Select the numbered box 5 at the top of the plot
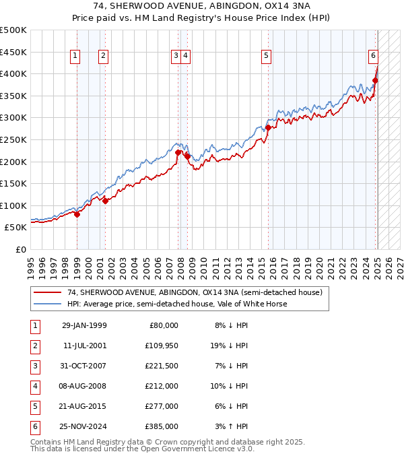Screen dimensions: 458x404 (x=267, y=56)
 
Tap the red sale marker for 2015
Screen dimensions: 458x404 (x=268, y=127)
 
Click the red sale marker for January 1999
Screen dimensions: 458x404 (x=77, y=214)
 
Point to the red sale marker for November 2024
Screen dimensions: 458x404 (x=375, y=80)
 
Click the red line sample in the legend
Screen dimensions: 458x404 (x=47, y=292)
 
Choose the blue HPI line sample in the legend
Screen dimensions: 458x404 (x=47, y=304)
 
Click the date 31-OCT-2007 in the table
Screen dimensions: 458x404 (x=84, y=366)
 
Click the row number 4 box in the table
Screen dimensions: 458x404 (x=34, y=387)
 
